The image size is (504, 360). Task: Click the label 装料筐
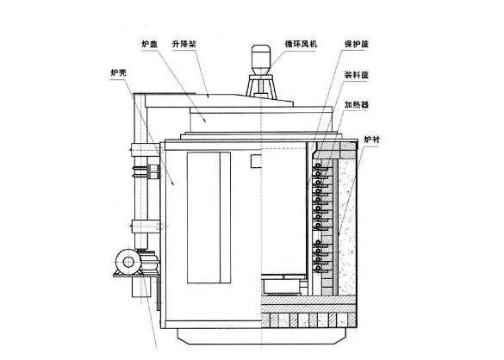click(x=357, y=75)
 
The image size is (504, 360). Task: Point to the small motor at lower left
click(x=128, y=259)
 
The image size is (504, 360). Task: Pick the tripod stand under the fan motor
click(x=258, y=87)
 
